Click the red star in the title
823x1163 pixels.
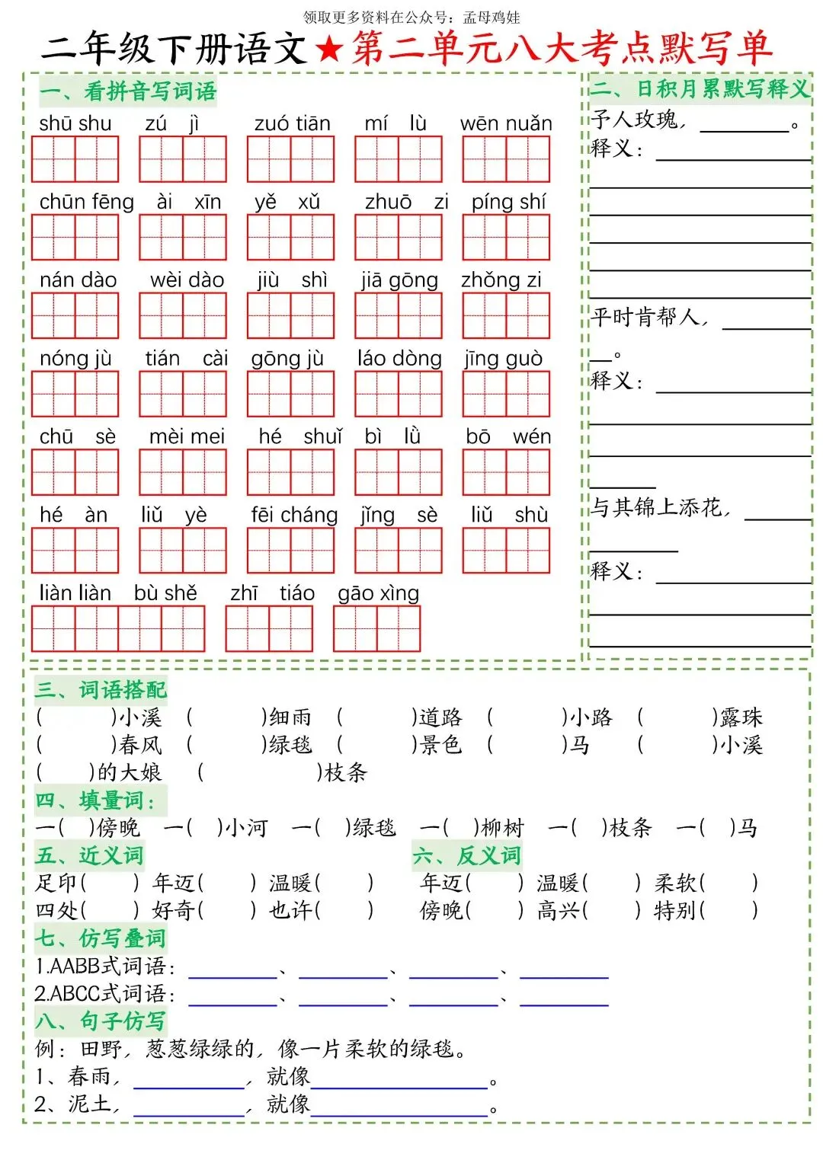click(329, 50)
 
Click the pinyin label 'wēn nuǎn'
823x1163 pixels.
click(506, 123)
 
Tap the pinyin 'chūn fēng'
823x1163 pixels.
click(86, 202)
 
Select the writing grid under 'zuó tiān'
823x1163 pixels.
click(290, 159)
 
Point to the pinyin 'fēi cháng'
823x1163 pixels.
click(294, 516)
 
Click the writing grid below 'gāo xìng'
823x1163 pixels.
click(376, 628)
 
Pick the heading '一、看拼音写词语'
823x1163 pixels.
click(128, 92)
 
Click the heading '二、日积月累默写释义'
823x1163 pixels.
click(700, 89)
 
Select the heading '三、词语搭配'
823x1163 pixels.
click(101, 690)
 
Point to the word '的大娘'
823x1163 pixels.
click(130, 772)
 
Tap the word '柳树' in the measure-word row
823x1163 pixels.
click(502, 828)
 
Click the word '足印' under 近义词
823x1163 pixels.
click(56, 883)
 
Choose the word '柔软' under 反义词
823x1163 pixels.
click(675, 883)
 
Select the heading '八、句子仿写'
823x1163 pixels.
click(101, 1021)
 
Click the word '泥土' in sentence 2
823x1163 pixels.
click(90, 1104)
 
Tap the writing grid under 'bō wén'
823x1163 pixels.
click(506, 472)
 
